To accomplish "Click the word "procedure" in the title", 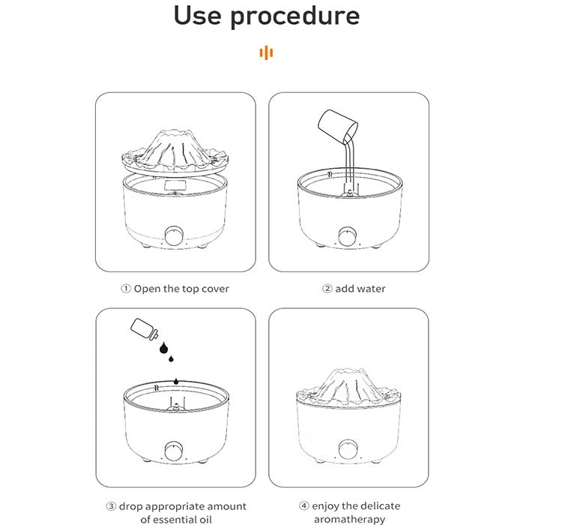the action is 295,16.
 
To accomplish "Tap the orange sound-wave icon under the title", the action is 266,52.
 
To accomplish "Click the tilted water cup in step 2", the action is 338,125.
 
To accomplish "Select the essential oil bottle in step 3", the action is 144,328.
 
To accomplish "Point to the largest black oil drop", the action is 164,347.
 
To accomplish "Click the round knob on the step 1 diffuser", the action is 174,235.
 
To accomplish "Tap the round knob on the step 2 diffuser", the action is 348,236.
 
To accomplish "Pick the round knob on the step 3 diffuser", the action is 174,451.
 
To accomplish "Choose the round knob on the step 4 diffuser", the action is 348,449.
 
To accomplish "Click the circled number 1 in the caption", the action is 125,289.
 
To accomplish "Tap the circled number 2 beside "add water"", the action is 327,289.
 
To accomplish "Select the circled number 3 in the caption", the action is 111,506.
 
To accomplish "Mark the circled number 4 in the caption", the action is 304,506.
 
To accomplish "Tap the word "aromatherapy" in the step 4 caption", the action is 350,519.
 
